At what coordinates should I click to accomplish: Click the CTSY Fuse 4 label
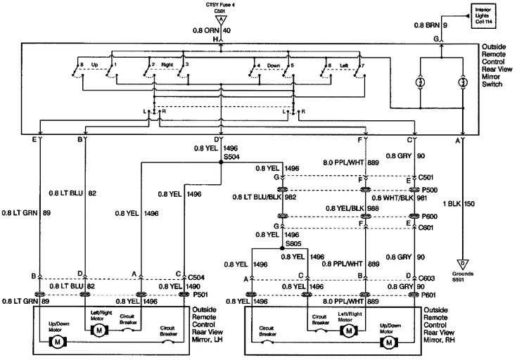pyautogui.click(x=221, y=5)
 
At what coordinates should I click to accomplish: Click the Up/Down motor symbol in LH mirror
pyautogui.click(x=55, y=341)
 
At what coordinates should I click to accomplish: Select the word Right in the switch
pyautogui.click(x=167, y=65)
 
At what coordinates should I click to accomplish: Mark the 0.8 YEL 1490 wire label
pyautogui.click(x=175, y=287)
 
